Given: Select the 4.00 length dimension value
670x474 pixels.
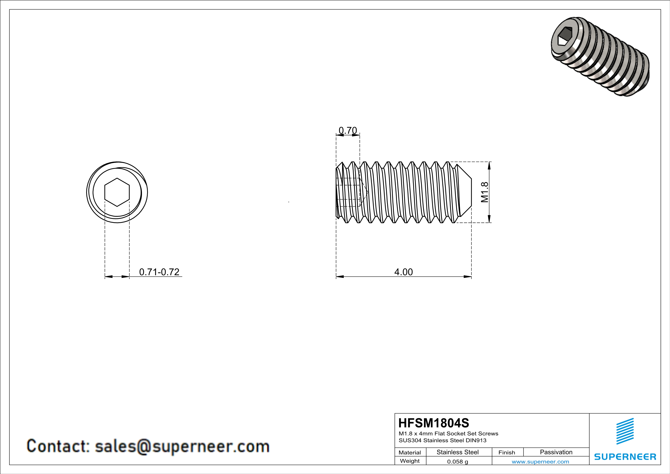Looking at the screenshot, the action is pyautogui.click(x=403, y=272).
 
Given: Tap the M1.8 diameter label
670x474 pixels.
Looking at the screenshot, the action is pyautogui.click(x=484, y=192).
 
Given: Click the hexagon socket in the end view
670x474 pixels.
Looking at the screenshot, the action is pyautogui.click(x=117, y=192).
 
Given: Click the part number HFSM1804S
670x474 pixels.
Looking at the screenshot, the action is pyautogui.click(x=434, y=423).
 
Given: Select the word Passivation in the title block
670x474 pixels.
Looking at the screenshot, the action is pyautogui.click(x=556, y=452).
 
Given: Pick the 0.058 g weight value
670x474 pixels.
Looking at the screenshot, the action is pyautogui.click(x=458, y=461).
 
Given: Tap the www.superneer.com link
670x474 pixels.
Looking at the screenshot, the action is pyautogui.click(x=540, y=461).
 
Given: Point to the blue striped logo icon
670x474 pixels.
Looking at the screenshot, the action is pyautogui.click(x=625, y=431).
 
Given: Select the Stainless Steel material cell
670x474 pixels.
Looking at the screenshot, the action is pyautogui.click(x=458, y=452).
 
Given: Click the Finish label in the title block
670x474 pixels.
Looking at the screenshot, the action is pyautogui.click(x=507, y=452).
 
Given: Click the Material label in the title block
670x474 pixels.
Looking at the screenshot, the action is pyautogui.click(x=410, y=452).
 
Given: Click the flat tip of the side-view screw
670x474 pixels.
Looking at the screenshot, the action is pyautogui.click(x=471, y=192).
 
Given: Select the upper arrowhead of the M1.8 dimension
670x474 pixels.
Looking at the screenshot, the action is pyautogui.click(x=489, y=166).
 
